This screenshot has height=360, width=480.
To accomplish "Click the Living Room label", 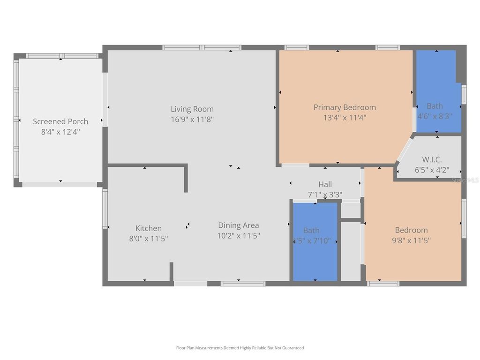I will [192, 109].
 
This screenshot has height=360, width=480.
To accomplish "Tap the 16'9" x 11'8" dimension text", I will [192, 120].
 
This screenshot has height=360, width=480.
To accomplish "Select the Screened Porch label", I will [60, 121].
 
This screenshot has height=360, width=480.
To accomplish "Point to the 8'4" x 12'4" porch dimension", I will [60, 132].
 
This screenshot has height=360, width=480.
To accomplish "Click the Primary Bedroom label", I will [345, 107].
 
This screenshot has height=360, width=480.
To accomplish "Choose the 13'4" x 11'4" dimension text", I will [345, 118].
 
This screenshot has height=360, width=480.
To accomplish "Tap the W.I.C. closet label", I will [432, 159].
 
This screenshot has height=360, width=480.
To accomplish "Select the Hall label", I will [325, 184].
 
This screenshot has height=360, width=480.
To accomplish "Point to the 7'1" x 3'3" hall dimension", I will [325, 195].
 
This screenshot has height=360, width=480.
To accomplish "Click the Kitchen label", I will [149, 228].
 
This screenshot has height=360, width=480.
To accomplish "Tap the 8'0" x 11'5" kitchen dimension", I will [149, 239].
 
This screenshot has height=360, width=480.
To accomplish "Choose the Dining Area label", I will [238, 225].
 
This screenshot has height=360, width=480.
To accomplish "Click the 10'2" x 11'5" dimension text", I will [238, 236].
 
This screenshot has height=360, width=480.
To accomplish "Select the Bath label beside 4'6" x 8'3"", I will [435, 106].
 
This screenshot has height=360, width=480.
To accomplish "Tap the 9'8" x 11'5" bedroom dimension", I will [411, 240].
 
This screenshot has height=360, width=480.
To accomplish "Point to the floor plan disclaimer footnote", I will [240, 348].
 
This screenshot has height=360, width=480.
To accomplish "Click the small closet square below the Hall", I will [350, 210].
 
